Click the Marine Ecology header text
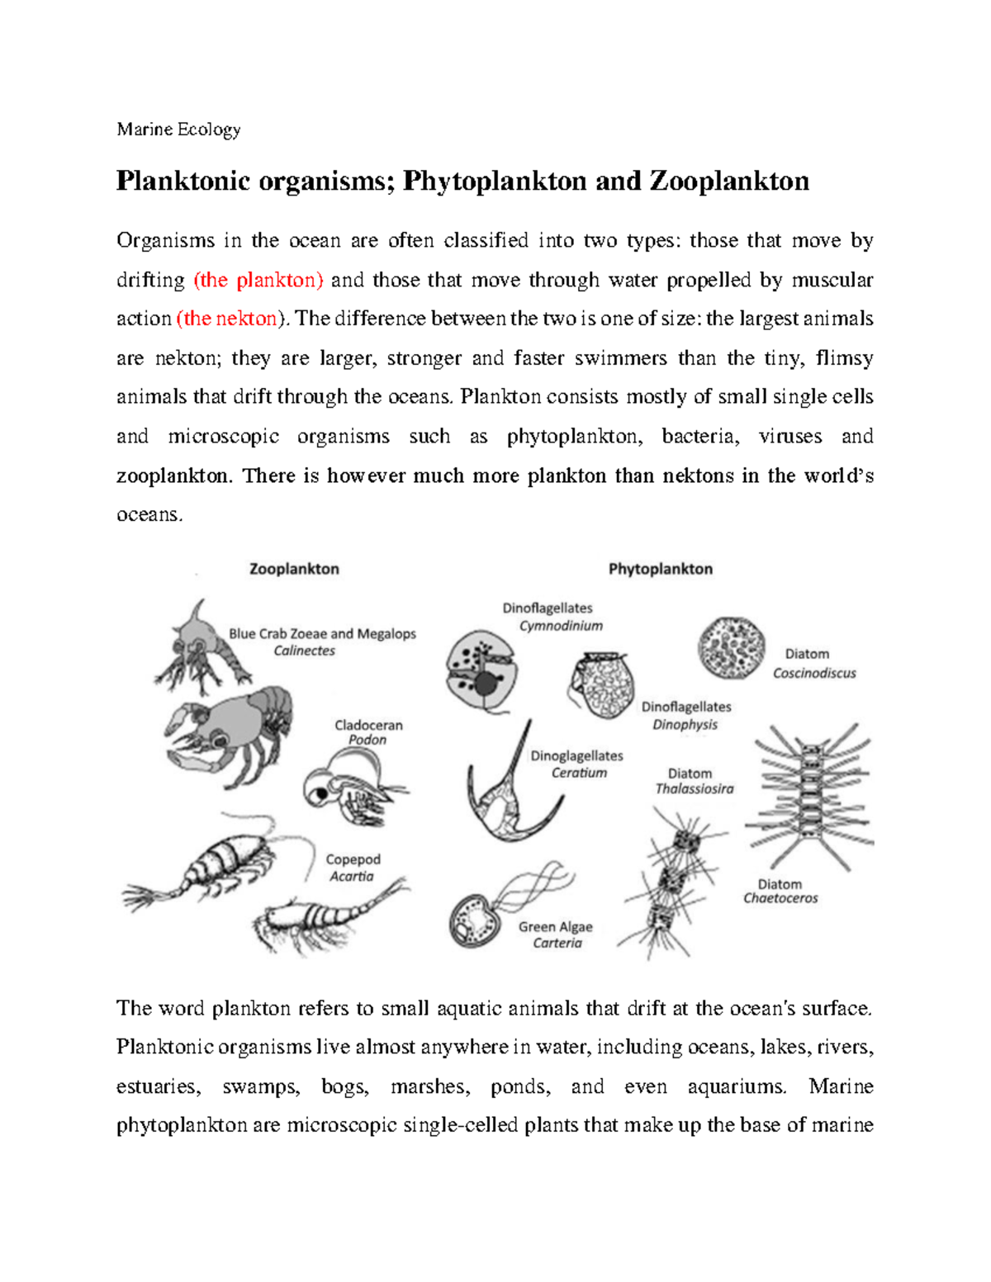pyautogui.click(x=178, y=130)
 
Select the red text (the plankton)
pyautogui.click(x=258, y=281)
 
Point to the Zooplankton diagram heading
pyautogui.click(x=294, y=569)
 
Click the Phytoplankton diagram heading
pyautogui.click(x=660, y=569)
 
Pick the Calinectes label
pyautogui.click(x=305, y=650)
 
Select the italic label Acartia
pyautogui.click(x=352, y=877)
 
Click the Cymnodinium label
pyautogui.click(x=561, y=626)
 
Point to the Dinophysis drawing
pyautogui.click(x=603, y=684)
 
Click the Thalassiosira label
pyautogui.click(x=694, y=789)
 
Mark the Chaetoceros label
pyautogui.click(x=780, y=898)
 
